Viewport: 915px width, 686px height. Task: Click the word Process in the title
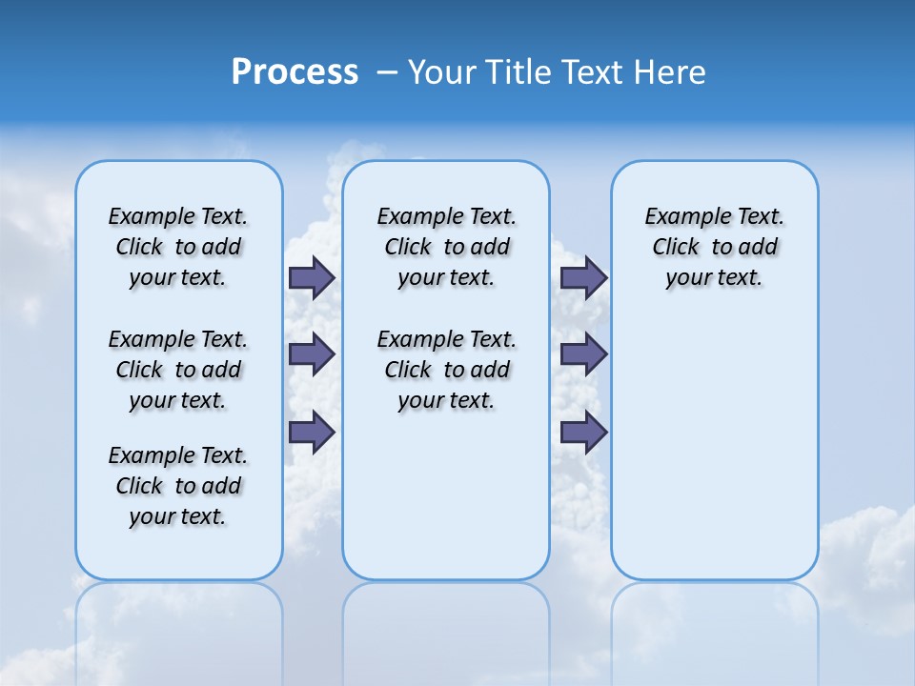pos(295,72)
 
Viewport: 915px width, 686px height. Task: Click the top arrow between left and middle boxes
pos(312,278)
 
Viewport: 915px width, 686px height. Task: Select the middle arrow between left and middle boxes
pos(312,354)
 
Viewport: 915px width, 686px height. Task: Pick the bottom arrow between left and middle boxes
pos(312,432)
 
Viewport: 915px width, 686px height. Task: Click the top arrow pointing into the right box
pos(583,278)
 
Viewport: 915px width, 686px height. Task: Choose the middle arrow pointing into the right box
pos(583,354)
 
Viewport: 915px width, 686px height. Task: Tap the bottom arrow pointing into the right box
pos(583,432)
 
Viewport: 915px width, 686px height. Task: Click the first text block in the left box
pos(178,247)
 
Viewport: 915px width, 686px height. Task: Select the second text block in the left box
pos(178,370)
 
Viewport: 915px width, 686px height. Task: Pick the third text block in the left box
pos(178,486)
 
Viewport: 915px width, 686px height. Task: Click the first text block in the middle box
pos(446,247)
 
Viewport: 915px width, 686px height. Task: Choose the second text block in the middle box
pos(446,370)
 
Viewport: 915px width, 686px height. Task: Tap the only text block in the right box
pos(714,247)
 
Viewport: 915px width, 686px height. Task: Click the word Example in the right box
pos(679,217)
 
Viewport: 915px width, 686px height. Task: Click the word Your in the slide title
pos(442,72)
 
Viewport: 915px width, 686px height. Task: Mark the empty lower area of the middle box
pos(446,495)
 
